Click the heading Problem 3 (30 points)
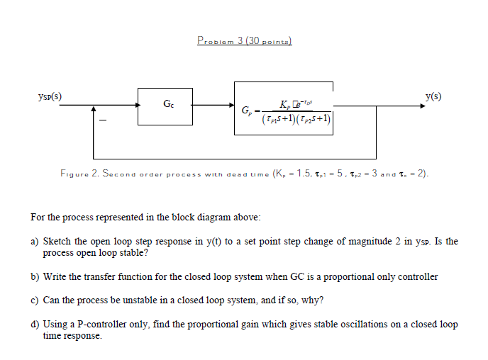click(x=244, y=41)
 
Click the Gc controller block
click(x=167, y=106)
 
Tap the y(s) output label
click(x=433, y=96)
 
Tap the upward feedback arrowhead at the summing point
click(x=94, y=111)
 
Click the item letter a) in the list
click(x=34, y=242)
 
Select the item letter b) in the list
click(x=34, y=276)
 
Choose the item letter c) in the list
click(x=34, y=300)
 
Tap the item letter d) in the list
click(x=34, y=324)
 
